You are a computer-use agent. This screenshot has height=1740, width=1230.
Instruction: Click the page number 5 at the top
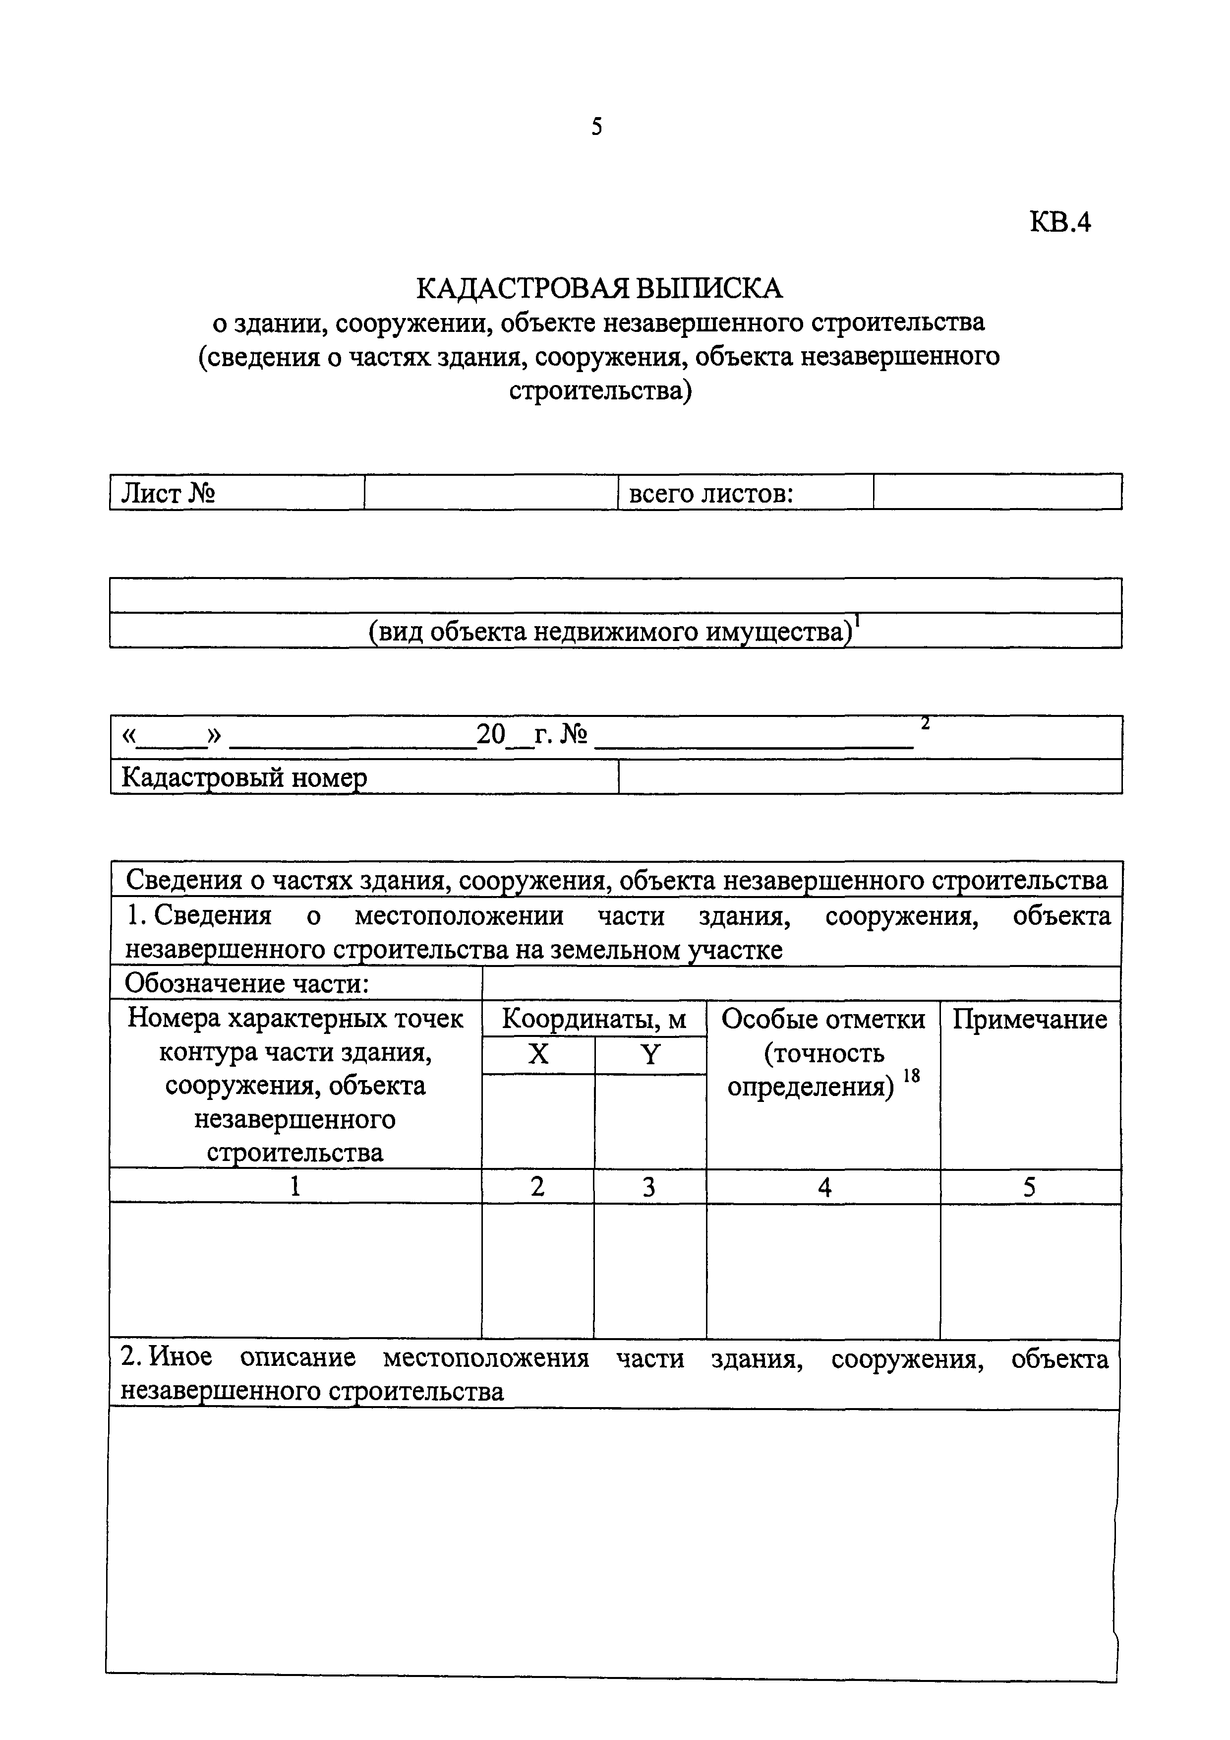pos(597,127)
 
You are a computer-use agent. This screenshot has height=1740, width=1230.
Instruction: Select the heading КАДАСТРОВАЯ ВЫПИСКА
pos(598,288)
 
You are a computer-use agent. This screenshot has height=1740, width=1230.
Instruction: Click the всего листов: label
pos(710,493)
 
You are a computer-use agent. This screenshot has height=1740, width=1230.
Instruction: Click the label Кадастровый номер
pos(244,777)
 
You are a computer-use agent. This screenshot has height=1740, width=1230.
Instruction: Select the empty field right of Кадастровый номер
pos(870,777)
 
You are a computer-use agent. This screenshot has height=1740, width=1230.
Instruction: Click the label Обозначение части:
pos(247,984)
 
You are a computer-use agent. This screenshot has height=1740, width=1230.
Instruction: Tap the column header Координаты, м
pos(594,1019)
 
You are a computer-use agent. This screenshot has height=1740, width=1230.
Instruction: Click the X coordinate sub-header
pos(538,1054)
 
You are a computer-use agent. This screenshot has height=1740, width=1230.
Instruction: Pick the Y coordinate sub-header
pos(650,1054)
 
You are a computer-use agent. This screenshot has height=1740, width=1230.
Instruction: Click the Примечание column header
pos(1029,1019)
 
